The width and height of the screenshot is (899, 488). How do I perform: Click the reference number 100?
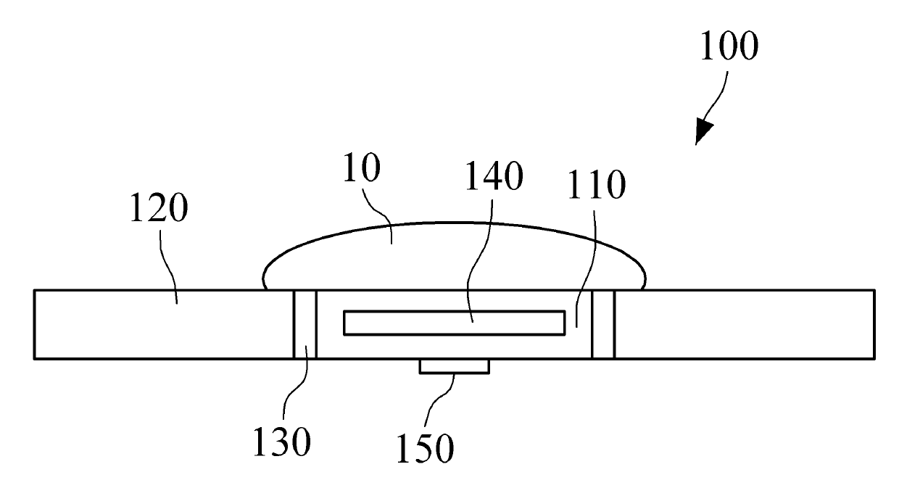click(729, 46)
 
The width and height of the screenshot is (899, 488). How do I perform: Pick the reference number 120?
click(159, 210)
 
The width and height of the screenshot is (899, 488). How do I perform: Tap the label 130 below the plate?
click(281, 441)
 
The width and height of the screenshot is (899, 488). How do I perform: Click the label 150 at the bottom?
click(425, 447)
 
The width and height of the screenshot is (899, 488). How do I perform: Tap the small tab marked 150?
click(454, 367)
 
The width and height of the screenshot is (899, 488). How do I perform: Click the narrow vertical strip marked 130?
click(304, 324)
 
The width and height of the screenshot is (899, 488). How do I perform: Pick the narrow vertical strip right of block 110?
click(603, 324)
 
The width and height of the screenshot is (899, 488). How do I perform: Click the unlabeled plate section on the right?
click(743, 324)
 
